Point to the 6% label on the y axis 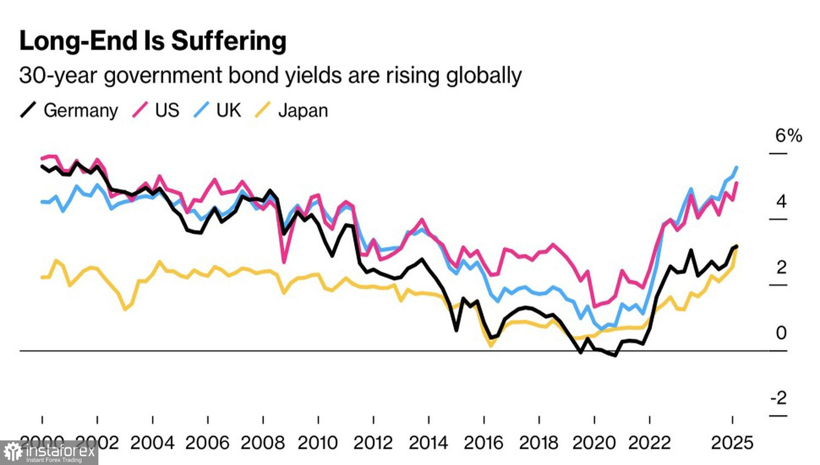point(788,136)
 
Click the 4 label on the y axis point(781,201)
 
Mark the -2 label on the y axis point(778,398)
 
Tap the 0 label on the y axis point(781,333)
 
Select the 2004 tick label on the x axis point(152,443)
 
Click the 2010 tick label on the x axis point(318,443)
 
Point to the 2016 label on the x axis point(484,443)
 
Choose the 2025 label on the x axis point(732,443)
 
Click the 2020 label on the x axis point(594,443)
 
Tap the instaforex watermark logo point(49,453)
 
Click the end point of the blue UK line point(737,167)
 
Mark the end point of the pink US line point(737,183)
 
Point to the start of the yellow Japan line point(42,277)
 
